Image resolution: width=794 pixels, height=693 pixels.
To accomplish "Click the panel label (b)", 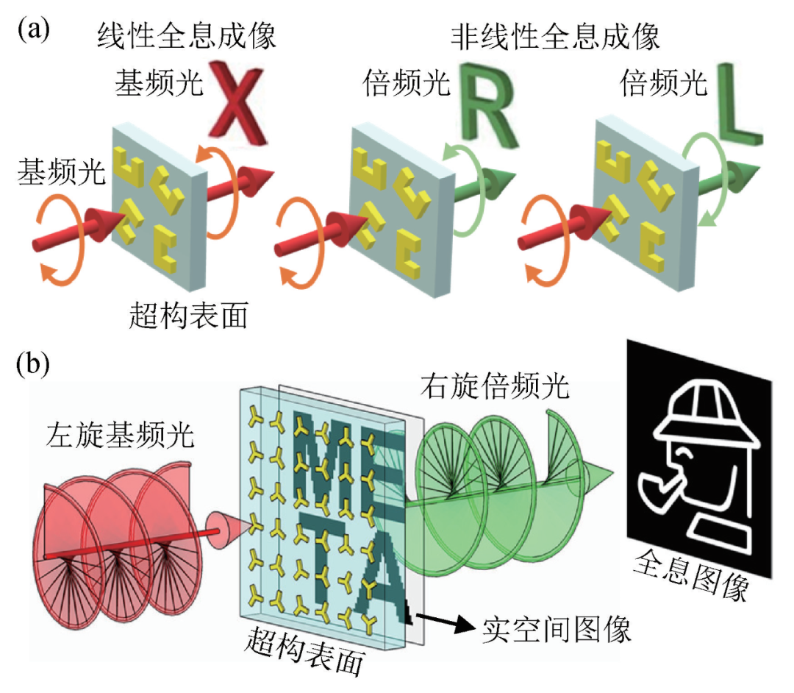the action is (x=34, y=363).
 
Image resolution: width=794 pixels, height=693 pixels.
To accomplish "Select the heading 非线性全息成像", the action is (x=557, y=35).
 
